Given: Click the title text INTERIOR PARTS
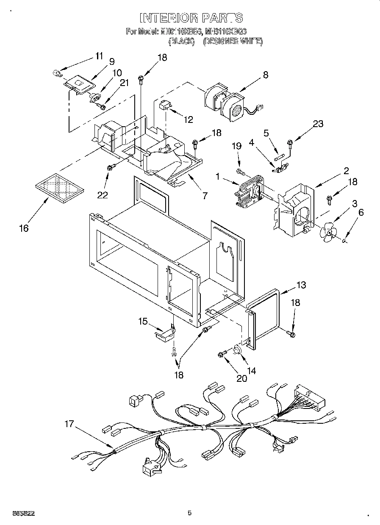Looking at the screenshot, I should (191, 17).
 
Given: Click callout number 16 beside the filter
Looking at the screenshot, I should (24, 228).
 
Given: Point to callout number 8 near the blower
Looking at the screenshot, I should (265, 75).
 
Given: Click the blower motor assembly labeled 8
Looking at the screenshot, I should (225, 101).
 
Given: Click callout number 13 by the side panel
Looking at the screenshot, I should (301, 285).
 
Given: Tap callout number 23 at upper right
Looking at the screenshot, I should (318, 124).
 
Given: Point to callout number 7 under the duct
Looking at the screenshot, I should (205, 195).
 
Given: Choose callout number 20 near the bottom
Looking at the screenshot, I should (241, 378).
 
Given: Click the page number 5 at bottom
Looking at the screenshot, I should (189, 513).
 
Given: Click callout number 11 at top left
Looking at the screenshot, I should (99, 56).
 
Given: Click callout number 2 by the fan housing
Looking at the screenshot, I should (346, 171).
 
